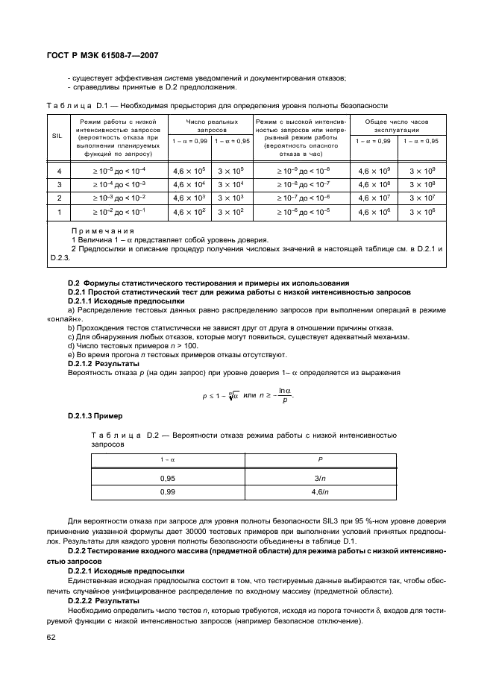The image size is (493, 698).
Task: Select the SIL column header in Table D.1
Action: pos(57,136)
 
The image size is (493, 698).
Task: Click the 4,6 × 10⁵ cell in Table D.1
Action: pos(189,171)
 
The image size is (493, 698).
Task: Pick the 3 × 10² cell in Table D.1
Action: pos(230,213)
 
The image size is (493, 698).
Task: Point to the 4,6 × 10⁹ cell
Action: pos(372,171)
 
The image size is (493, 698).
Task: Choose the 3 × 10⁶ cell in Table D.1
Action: pos(421,213)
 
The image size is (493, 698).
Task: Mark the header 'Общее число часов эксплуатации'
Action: pos(398,125)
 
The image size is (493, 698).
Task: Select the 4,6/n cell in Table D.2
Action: pos(320,492)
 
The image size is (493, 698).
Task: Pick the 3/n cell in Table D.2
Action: pos(320,478)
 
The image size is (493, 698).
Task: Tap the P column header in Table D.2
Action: pos(320,460)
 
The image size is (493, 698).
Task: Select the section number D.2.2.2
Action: pos(83,600)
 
